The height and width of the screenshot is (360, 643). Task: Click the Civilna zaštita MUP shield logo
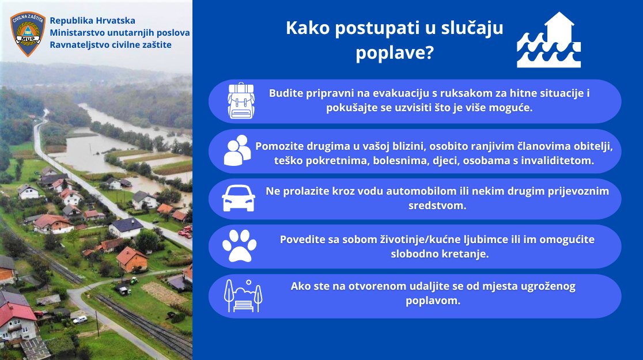[x=28, y=34]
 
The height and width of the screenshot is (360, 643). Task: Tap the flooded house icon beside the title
[x=549, y=40]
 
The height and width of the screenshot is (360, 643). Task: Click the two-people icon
[x=237, y=151]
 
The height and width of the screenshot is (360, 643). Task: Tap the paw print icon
[x=239, y=247]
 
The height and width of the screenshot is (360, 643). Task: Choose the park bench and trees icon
[x=243, y=295]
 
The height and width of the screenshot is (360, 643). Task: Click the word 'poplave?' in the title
[x=394, y=53]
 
